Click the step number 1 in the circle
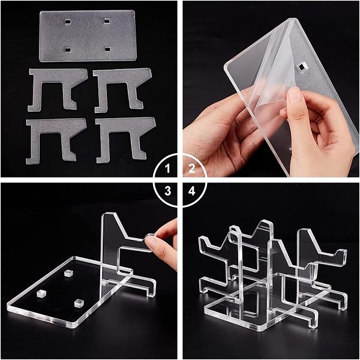(168, 169)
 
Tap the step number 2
(192, 169)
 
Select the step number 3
(168, 191)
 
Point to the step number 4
(192, 191)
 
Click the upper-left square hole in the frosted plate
(67, 22)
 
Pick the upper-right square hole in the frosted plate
(107, 21)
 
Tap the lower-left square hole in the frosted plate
(67, 50)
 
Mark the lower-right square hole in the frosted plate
(107, 49)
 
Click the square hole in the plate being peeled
(301, 67)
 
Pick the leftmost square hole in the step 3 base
(41, 293)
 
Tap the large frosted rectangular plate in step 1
(88, 36)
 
